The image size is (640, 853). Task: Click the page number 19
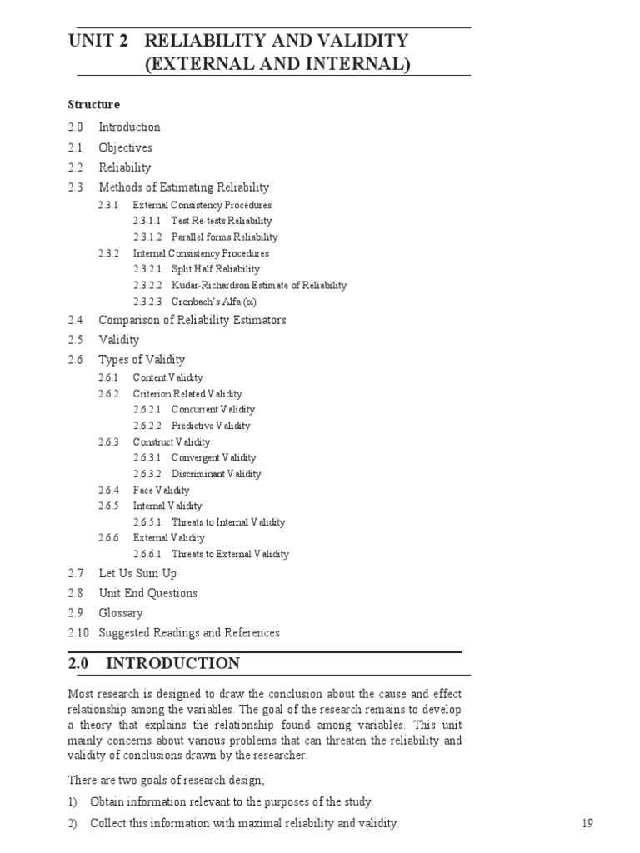pos(587,824)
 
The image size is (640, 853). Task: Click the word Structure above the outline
pos(93,105)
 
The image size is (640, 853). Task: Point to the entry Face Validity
pos(161,490)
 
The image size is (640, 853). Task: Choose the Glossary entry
pos(121,613)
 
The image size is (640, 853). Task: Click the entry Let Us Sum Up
pos(137,573)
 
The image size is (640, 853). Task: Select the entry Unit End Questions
pos(147,593)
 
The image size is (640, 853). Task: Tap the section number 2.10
pos(77,633)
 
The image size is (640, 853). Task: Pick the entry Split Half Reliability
pos(215,269)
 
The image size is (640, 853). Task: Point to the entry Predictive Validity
pos(210,426)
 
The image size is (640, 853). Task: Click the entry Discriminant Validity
pos(216,474)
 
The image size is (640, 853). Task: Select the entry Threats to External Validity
pos(230,554)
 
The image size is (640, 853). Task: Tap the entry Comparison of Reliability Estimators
pos(192,320)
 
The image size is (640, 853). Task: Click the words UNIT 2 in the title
pos(98,41)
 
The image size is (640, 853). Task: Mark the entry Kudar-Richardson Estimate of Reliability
pos(258,285)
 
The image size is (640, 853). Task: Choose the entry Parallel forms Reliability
pos(224,237)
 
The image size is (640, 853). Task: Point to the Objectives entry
pos(125,147)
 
